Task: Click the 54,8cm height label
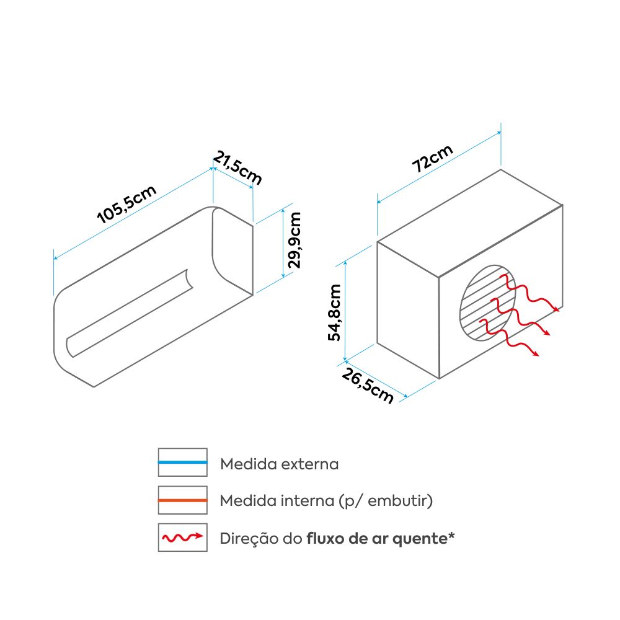click(x=335, y=312)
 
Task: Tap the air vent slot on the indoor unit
click(x=130, y=313)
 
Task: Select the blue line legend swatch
click(x=182, y=463)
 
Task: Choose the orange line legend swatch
click(x=182, y=500)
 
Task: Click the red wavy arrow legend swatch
click(x=182, y=537)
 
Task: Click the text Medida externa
click(x=280, y=464)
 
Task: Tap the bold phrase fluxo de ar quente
click(x=376, y=538)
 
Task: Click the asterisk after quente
click(x=451, y=535)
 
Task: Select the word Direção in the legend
click(x=246, y=538)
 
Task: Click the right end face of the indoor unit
click(x=232, y=248)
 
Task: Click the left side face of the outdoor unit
click(x=408, y=310)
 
